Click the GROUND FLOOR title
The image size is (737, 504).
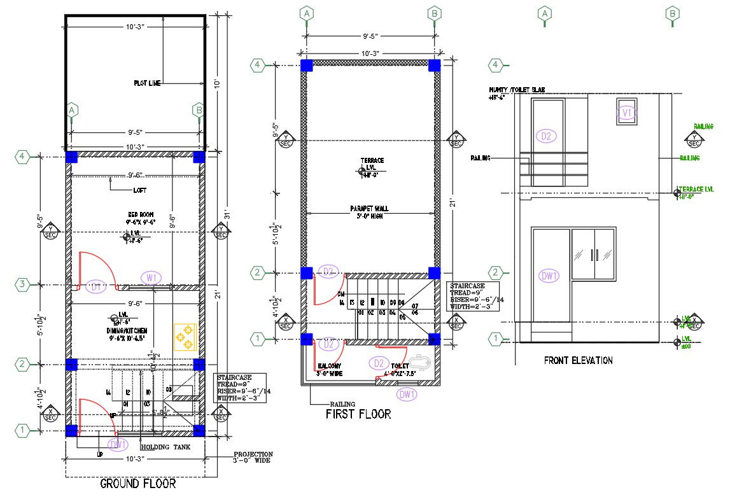pyautogui.click(x=138, y=484)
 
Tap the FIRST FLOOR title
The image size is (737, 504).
pyautogui.click(x=358, y=414)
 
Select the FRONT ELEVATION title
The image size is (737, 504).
pyautogui.click(x=578, y=361)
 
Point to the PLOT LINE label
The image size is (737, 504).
pyautogui.click(x=148, y=83)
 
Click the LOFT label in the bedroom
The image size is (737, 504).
pyautogui.click(x=140, y=190)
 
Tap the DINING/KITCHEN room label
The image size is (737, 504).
pyautogui.click(x=127, y=331)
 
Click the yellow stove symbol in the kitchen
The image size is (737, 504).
pyautogui.click(x=185, y=336)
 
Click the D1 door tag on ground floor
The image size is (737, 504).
pyautogui.click(x=97, y=287)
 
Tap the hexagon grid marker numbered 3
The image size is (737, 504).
pyautogui.click(x=22, y=284)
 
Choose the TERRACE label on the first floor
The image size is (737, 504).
pyautogui.click(x=372, y=160)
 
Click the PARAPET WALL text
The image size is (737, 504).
pyautogui.click(x=369, y=209)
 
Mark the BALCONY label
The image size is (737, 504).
pyautogui.click(x=330, y=367)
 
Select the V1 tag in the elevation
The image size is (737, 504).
pyautogui.click(x=627, y=113)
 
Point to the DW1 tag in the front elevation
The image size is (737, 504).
pyautogui.click(x=549, y=276)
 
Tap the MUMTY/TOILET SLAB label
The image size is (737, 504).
pyautogui.click(x=516, y=90)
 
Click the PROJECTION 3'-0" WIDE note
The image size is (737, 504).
pyautogui.click(x=253, y=457)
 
